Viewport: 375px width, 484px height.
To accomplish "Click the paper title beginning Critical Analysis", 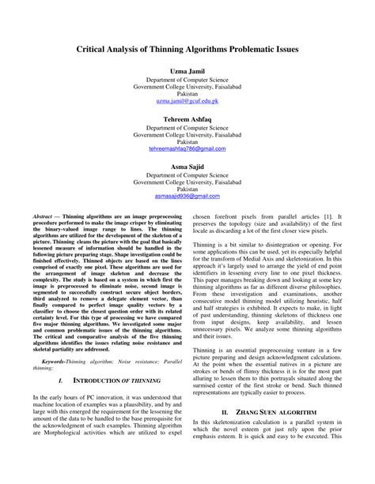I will (187, 48).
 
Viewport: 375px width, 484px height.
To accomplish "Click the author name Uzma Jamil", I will (187, 71).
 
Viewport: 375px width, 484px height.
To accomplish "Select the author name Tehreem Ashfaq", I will (187, 118).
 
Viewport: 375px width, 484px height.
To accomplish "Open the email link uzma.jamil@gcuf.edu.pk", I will (187, 102).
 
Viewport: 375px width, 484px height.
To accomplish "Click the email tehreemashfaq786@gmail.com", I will (187, 148).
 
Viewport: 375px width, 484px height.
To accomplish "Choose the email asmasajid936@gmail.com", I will (187, 196).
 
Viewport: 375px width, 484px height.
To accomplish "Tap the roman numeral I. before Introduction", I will (61, 358).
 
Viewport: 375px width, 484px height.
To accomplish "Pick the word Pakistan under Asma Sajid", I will (187, 188).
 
